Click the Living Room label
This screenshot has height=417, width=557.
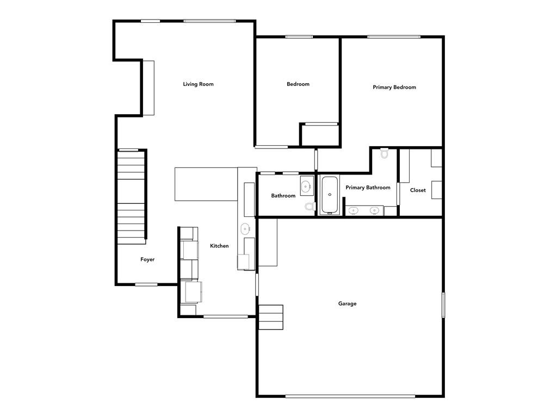(x=198, y=84)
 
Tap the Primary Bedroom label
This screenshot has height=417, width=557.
(x=394, y=88)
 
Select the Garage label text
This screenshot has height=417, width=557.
(x=347, y=304)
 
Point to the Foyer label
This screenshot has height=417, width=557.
(x=147, y=260)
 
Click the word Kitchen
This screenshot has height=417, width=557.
(x=219, y=246)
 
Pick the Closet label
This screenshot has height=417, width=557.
(x=418, y=190)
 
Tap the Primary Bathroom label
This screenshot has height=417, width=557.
(x=368, y=188)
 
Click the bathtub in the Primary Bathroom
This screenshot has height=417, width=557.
(x=330, y=195)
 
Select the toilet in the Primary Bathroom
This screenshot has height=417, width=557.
(x=385, y=153)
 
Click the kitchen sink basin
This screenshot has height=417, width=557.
(x=245, y=229)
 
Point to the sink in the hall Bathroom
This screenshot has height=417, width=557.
(x=306, y=186)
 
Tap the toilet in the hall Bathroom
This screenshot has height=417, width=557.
(x=310, y=207)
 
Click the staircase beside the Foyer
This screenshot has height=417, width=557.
(x=131, y=197)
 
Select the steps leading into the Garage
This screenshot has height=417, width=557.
(x=271, y=317)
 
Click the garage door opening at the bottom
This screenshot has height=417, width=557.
(x=350, y=396)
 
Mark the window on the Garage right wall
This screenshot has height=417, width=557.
(x=443, y=305)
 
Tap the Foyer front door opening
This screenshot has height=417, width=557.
(x=146, y=284)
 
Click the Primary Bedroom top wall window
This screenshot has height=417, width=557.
(x=394, y=36)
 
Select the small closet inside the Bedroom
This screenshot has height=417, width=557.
(x=320, y=134)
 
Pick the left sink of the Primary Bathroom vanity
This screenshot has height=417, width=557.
(x=353, y=210)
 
